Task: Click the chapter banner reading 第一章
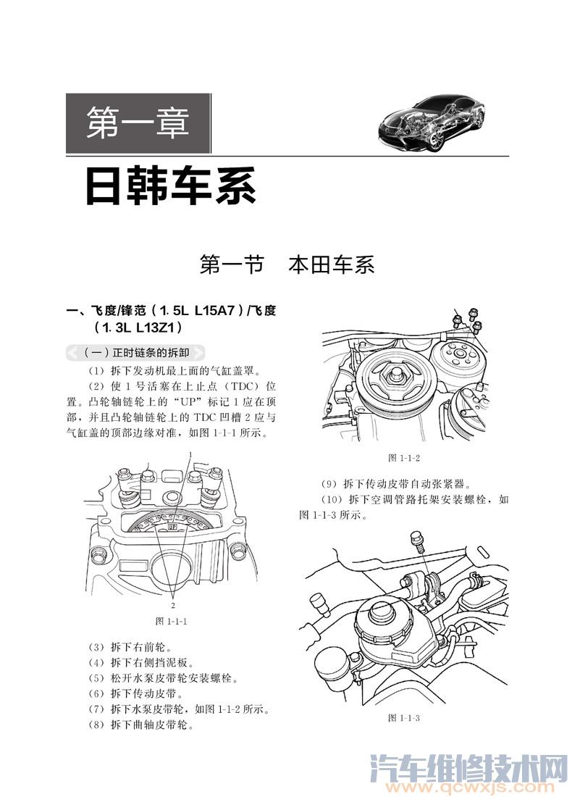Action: [x=138, y=124]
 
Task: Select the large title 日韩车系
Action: [x=170, y=186]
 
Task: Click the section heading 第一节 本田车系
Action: [x=287, y=265]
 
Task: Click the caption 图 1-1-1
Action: [x=172, y=621]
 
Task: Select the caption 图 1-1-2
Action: [x=404, y=457]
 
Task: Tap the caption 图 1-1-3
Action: [x=404, y=717]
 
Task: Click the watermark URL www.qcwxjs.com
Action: [x=471, y=786]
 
